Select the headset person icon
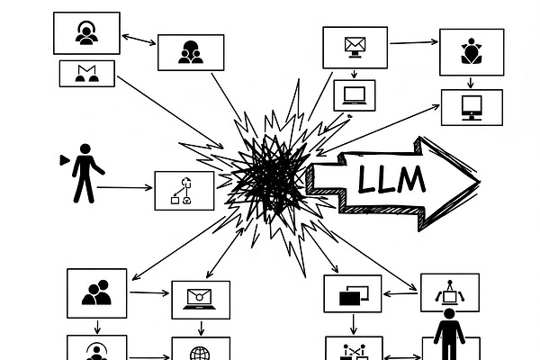click(x=85, y=33)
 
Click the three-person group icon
click(x=190, y=51)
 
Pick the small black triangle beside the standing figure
click(x=64, y=159)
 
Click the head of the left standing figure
click(x=85, y=148)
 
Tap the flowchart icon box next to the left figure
click(x=184, y=190)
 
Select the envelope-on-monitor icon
click(x=355, y=45)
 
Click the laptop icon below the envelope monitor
click(x=353, y=94)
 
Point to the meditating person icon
click(x=470, y=50)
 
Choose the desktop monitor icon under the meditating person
click(x=471, y=106)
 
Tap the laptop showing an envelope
click(x=200, y=299)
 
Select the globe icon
click(x=200, y=352)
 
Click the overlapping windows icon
click(x=354, y=293)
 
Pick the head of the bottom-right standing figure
click(x=448, y=315)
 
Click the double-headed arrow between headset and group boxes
click(x=139, y=40)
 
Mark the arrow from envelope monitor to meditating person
click(x=413, y=41)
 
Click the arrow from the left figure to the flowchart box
click(x=126, y=187)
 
